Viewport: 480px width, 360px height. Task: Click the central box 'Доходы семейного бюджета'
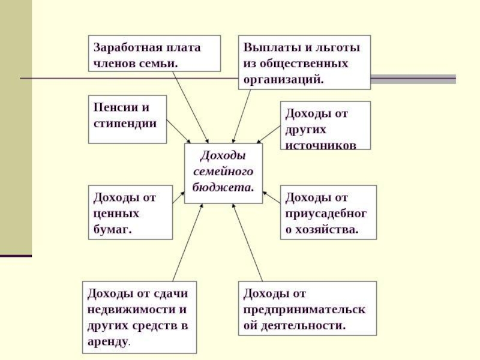[223, 173]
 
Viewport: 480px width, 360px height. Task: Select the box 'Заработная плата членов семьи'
[155, 55]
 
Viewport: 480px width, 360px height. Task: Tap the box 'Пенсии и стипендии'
[127, 119]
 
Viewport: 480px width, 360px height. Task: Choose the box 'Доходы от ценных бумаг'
[131, 212]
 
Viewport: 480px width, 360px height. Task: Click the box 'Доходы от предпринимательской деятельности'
[307, 308]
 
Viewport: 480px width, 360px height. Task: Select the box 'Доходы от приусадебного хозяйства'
[328, 212]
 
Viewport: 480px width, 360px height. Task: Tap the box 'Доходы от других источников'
[325, 125]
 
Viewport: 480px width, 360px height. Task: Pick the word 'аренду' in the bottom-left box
[108, 341]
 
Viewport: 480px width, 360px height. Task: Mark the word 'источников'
[320, 145]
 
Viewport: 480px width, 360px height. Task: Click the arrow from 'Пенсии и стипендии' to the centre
[179, 131]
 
